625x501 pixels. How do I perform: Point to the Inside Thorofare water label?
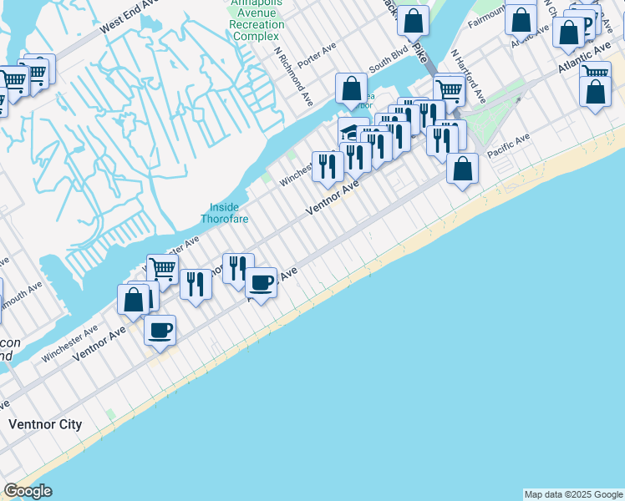[x=220, y=213]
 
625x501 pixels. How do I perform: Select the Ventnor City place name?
[x=45, y=424]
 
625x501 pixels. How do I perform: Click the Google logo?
[x=28, y=491]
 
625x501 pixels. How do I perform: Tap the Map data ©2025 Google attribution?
[x=573, y=494]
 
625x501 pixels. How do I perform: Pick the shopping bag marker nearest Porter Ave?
[x=352, y=88]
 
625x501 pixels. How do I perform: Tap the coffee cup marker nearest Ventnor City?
[x=160, y=329]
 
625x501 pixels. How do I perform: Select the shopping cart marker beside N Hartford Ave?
[x=450, y=89]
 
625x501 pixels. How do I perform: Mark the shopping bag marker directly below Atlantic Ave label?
[x=595, y=92]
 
